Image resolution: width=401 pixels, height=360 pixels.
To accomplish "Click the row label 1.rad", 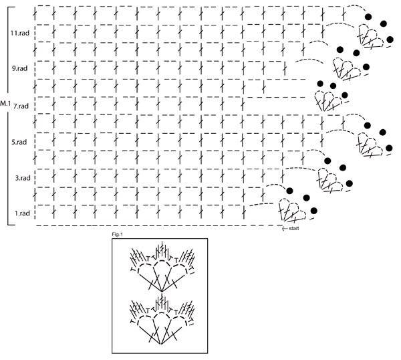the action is click(22, 213).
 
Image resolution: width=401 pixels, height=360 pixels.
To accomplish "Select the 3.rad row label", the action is click(23, 178).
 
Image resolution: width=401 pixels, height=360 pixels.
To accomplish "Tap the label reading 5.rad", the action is click(19, 142).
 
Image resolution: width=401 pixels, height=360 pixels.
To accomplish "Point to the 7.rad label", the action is click(21, 106).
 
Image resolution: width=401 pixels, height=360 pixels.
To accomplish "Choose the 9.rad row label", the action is click(19, 68).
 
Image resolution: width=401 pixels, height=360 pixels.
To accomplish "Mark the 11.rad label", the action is click(19, 33).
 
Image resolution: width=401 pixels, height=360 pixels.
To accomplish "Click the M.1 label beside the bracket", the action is click(5, 104).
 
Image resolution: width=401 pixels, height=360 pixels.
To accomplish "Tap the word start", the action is click(294, 228).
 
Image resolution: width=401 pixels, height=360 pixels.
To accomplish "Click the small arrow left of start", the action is click(285, 228).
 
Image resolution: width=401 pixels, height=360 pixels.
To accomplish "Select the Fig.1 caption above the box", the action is click(118, 235).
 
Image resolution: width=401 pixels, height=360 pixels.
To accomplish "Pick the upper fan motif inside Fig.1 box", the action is click(162, 266).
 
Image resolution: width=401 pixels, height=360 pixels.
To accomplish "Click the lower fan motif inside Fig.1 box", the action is click(162, 319).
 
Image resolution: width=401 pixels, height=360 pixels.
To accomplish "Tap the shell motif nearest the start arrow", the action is click(292, 211).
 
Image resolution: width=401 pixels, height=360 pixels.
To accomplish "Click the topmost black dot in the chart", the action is click(368, 17).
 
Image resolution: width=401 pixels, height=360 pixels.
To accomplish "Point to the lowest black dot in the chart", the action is click(314, 211).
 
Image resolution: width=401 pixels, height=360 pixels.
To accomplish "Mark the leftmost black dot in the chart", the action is click(289, 191).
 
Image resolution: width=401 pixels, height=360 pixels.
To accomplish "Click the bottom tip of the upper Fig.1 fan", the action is click(162, 292).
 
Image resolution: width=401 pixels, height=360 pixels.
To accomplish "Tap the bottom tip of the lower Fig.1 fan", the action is click(161, 344).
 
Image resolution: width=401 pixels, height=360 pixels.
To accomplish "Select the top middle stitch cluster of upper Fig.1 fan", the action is click(162, 250).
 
